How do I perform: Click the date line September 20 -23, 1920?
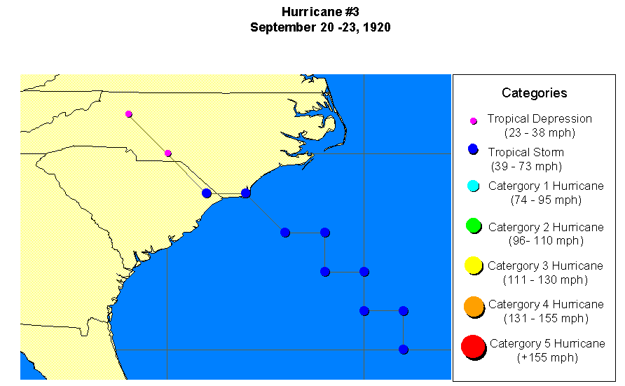320,28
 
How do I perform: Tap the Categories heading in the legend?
534,93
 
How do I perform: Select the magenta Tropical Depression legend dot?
473,121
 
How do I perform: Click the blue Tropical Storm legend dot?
473,149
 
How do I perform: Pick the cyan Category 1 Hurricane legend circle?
473,186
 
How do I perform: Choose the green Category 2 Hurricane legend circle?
473,226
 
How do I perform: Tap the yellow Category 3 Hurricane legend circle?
473,265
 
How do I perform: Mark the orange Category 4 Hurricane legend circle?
473,305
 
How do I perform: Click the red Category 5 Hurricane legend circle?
473,346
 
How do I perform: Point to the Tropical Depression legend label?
540,119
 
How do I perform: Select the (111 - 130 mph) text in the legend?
545,280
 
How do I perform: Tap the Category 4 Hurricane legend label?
545,305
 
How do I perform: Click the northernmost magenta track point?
129,113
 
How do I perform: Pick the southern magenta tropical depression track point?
168,153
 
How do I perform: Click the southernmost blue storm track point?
404,350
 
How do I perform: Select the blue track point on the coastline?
246,193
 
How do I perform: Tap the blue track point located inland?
207,193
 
